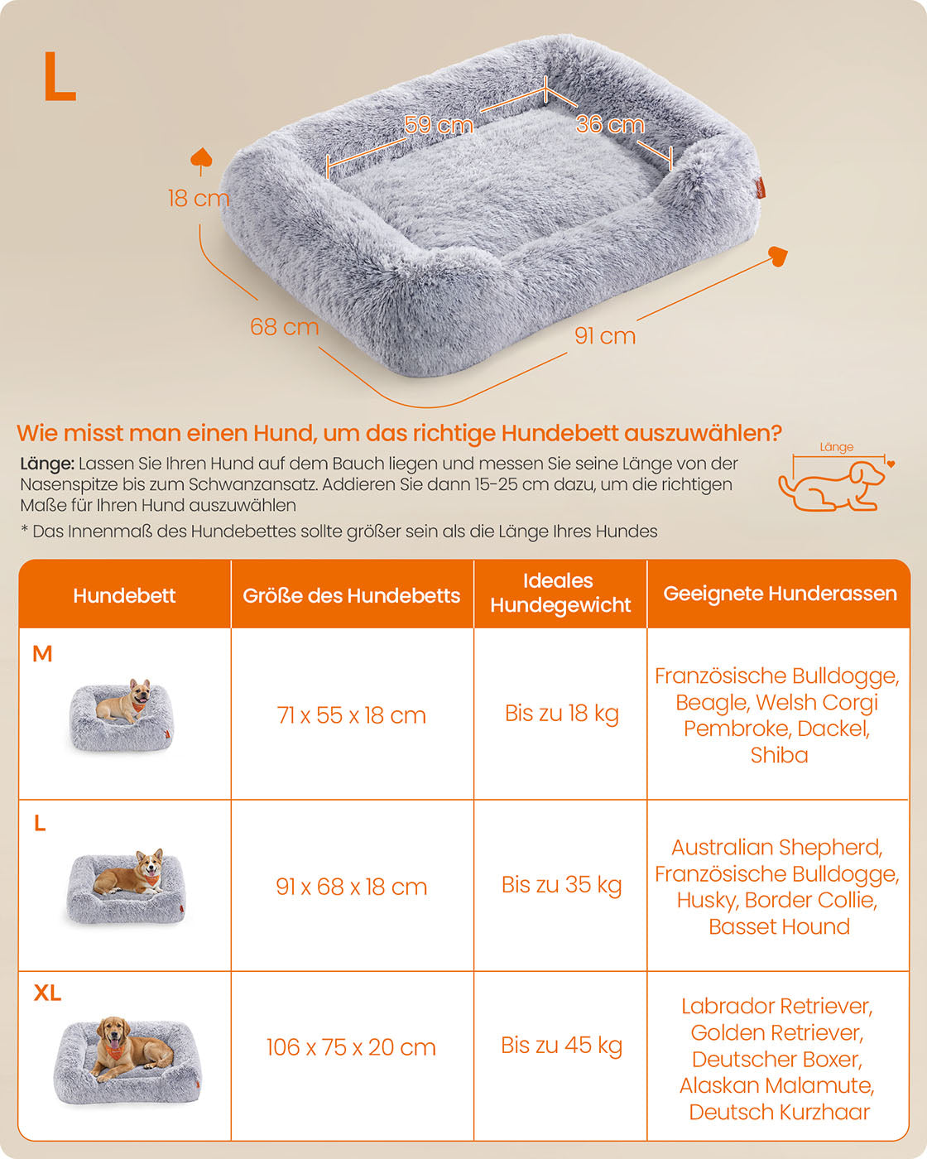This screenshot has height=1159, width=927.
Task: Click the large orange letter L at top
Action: (60, 76)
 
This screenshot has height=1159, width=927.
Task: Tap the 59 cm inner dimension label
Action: (439, 125)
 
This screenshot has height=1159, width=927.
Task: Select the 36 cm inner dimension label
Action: (610, 124)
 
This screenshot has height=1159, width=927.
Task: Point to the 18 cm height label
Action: (198, 198)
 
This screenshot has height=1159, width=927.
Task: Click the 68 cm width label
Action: (285, 327)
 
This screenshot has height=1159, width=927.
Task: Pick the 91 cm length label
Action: (605, 335)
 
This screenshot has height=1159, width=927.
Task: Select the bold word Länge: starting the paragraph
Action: (47, 464)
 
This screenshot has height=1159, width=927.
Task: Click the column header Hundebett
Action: (124, 596)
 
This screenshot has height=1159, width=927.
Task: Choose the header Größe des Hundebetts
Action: (351, 596)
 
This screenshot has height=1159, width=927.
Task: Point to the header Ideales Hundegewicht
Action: (560, 593)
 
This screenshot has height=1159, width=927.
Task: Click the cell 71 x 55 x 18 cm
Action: (351, 716)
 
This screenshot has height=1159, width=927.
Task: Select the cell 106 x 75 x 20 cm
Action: (351, 1047)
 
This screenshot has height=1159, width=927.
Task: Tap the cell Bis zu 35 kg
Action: (561, 884)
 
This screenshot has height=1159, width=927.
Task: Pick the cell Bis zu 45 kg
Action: (561, 1046)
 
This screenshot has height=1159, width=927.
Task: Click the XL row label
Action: (47, 993)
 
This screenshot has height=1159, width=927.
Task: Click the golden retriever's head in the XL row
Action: (113, 1030)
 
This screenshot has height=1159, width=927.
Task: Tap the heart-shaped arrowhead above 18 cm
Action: (201, 157)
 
